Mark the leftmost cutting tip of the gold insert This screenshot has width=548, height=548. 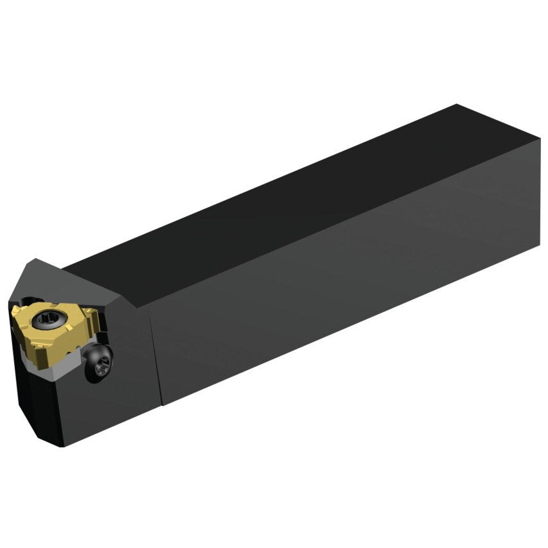point(12,310)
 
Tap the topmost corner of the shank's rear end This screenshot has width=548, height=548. point(457,105)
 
